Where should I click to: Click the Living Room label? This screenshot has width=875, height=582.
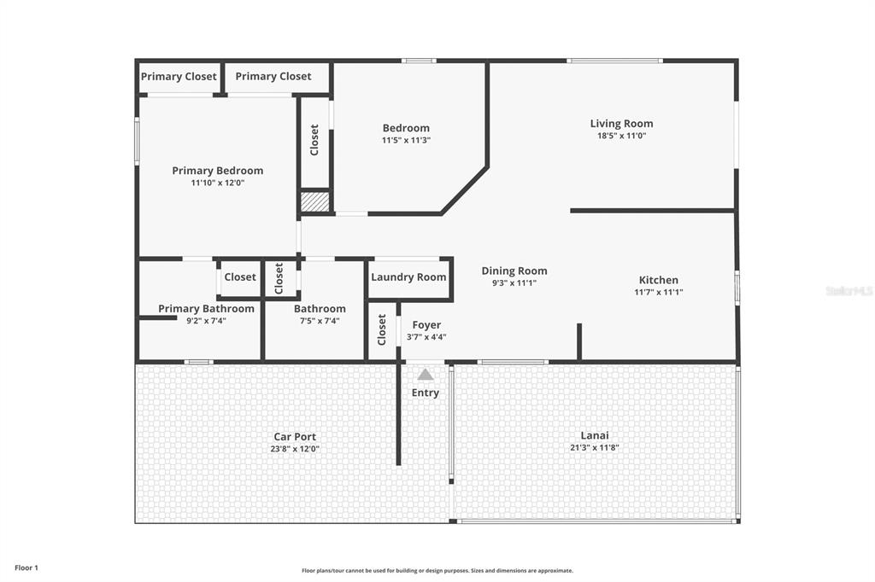click(x=621, y=124)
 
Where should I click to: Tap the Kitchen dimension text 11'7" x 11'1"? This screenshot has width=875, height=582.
click(x=659, y=292)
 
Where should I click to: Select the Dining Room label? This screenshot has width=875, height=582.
click(x=514, y=271)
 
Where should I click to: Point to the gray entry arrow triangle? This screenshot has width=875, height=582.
click(x=426, y=374)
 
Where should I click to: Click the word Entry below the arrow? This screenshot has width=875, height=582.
click(x=426, y=393)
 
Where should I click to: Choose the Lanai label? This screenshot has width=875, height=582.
click(x=595, y=435)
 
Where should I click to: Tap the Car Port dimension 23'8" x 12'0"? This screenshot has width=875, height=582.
click(x=295, y=449)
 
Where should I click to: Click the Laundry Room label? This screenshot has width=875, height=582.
click(x=408, y=277)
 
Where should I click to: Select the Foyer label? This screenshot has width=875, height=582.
click(x=426, y=325)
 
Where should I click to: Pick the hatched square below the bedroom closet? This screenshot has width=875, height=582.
click(x=314, y=201)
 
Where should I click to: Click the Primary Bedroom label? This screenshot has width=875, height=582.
click(x=218, y=171)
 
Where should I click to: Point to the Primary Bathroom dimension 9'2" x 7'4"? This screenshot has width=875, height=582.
click(x=206, y=321)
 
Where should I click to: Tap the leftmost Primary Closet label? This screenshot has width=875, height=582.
click(x=179, y=76)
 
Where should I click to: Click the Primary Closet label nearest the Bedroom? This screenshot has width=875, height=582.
click(x=273, y=76)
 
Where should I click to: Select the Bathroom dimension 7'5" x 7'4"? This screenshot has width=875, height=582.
click(x=320, y=321)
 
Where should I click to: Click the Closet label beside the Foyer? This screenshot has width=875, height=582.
click(x=382, y=329)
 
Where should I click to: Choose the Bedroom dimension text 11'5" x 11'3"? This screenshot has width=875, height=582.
click(x=406, y=141)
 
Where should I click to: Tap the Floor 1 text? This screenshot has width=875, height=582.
click(x=26, y=568)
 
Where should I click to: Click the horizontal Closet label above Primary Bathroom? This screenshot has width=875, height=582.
click(x=240, y=277)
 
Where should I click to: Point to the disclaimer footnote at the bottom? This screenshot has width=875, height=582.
click(x=437, y=571)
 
